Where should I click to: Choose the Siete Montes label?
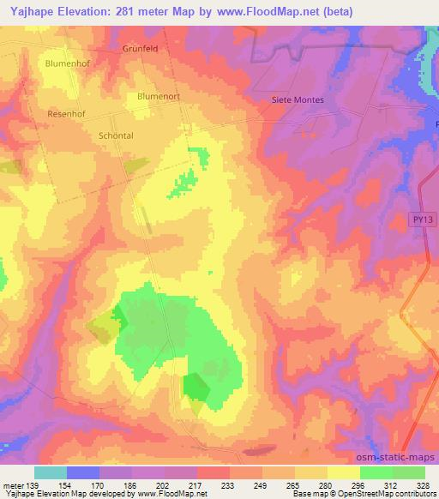(x=298, y=99)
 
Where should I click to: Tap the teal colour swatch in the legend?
(x=51, y=472)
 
